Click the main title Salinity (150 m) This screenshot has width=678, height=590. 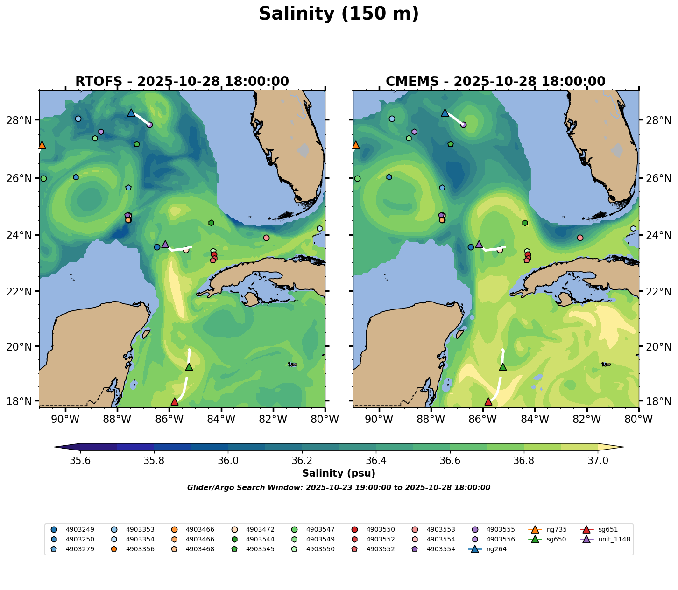pos(339,14)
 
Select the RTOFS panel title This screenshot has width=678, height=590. pos(182,82)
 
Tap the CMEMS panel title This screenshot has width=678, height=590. pos(495,82)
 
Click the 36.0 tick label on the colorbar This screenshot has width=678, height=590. pos(228,461)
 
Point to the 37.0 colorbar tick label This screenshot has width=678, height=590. pos(598,461)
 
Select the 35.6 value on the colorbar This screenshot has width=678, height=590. pos(80,461)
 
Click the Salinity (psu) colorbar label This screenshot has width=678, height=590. pos(339,473)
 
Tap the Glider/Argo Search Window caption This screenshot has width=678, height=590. pos(339,488)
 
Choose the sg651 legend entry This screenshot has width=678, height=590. pos(608,529)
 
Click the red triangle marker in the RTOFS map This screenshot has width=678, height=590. pos(175,401)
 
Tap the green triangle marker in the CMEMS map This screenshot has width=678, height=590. pos(503,367)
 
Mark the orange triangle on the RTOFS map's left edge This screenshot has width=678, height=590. pos(42,145)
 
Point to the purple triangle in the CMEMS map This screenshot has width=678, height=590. pos(479,244)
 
